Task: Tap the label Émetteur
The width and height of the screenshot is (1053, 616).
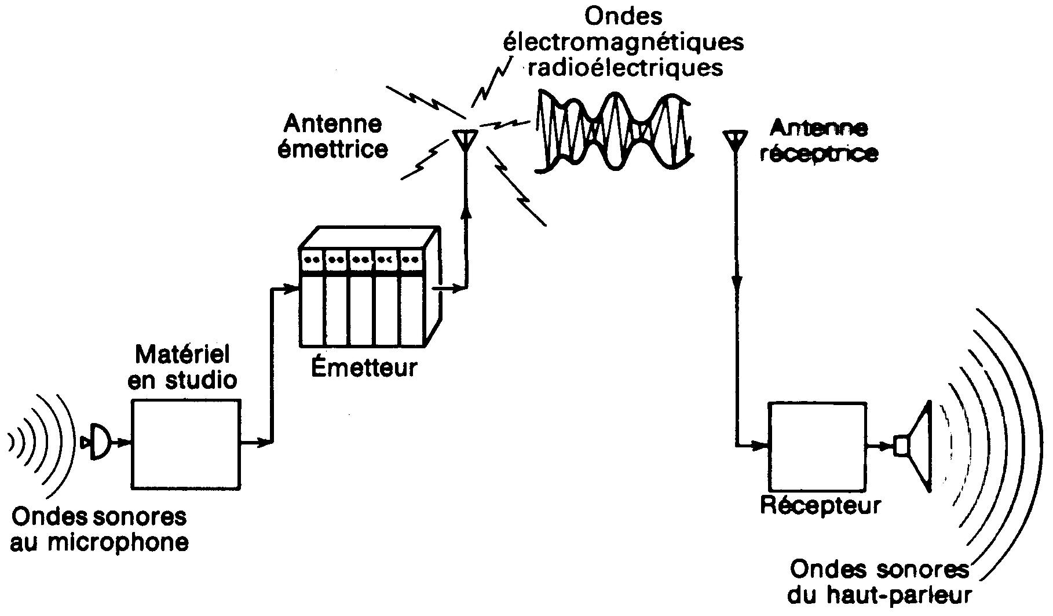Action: (364, 367)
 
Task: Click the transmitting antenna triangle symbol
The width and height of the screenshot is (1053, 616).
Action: (465, 139)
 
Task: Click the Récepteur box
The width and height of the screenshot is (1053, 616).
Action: (817, 447)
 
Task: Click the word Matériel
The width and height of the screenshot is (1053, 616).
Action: (182, 355)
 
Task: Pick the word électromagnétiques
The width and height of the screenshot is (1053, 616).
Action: (623, 42)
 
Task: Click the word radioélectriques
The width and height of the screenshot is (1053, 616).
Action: (626, 68)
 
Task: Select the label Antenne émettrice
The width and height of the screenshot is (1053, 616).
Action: (333, 137)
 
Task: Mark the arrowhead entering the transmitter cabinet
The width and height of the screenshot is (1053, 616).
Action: (291, 288)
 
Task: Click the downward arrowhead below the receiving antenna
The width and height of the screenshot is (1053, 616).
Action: (736, 285)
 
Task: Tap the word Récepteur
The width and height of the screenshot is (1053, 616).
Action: (820, 505)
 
